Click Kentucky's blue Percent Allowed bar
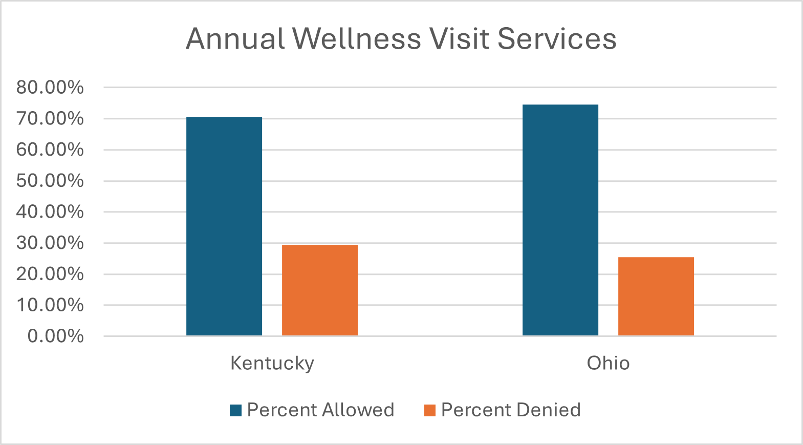[x=224, y=226]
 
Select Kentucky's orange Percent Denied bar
[x=319, y=290]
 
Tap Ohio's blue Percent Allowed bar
[x=560, y=220]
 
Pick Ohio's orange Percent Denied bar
[x=656, y=296]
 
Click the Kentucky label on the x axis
[x=272, y=363]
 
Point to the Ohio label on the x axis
[x=608, y=363]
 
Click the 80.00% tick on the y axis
[x=50, y=88]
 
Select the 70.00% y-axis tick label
[x=50, y=119]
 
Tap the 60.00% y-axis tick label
[x=50, y=150]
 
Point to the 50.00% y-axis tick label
[x=50, y=181]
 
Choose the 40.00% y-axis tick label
[x=50, y=211]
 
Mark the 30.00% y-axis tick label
[x=50, y=243]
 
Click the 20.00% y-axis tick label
[x=50, y=274]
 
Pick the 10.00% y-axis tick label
[x=50, y=305]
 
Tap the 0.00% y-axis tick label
[x=55, y=336]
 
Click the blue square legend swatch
[x=235, y=410]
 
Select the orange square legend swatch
[x=430, y=410]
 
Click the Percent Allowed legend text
[x=320, y=410]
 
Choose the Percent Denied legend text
[x=511, y=410]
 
